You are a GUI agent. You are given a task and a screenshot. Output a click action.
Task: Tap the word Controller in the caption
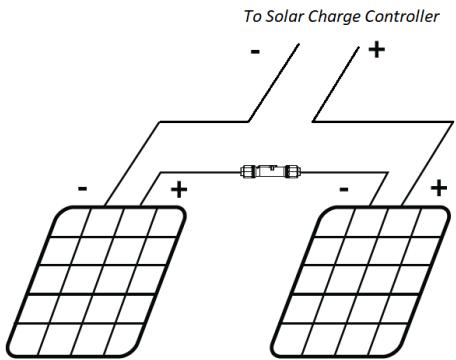401,17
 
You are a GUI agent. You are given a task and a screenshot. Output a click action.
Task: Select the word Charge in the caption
338,17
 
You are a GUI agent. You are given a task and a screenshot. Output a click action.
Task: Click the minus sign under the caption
256,51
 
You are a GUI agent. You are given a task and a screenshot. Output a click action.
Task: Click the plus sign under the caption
375,49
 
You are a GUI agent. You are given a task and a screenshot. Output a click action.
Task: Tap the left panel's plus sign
179,189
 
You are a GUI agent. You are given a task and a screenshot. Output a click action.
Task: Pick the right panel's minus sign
343,187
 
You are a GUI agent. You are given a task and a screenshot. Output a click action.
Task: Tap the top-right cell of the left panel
165,224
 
